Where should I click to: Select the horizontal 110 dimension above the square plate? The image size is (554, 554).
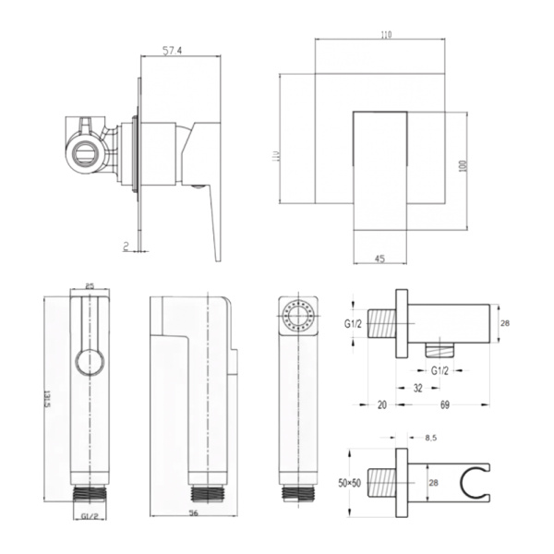point(384,35)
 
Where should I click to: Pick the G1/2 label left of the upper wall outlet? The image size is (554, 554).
point(352,324)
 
